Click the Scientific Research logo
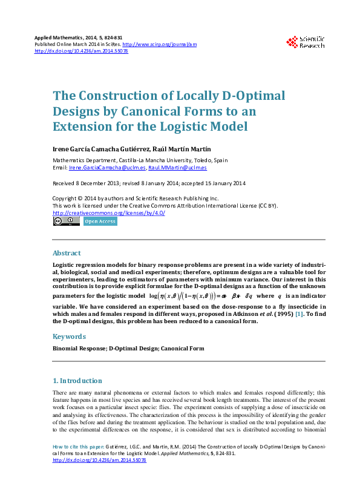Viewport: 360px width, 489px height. coord(306,42)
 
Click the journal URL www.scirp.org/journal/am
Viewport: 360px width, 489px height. coord(159,44)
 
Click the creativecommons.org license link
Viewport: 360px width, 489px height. coord(109,213)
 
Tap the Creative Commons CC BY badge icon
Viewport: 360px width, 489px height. coord(66,222)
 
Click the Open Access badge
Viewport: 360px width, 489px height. coord(100,222)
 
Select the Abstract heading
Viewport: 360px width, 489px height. coord(67,254)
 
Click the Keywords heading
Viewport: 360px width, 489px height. coord(68,336)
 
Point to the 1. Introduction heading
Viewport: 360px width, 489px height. coord(77,381)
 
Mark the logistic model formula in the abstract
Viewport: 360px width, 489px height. coord(202,297)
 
